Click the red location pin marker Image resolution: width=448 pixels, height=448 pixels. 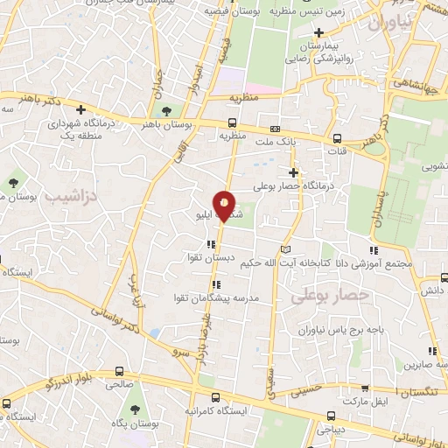[226, 206]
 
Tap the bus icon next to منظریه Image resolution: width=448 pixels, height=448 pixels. [232, 122]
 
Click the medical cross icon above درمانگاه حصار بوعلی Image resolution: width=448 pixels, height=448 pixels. [293, 172]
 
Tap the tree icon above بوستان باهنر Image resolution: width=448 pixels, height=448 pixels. [166, 110]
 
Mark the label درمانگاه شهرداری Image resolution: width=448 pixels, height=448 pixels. [80, 125]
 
